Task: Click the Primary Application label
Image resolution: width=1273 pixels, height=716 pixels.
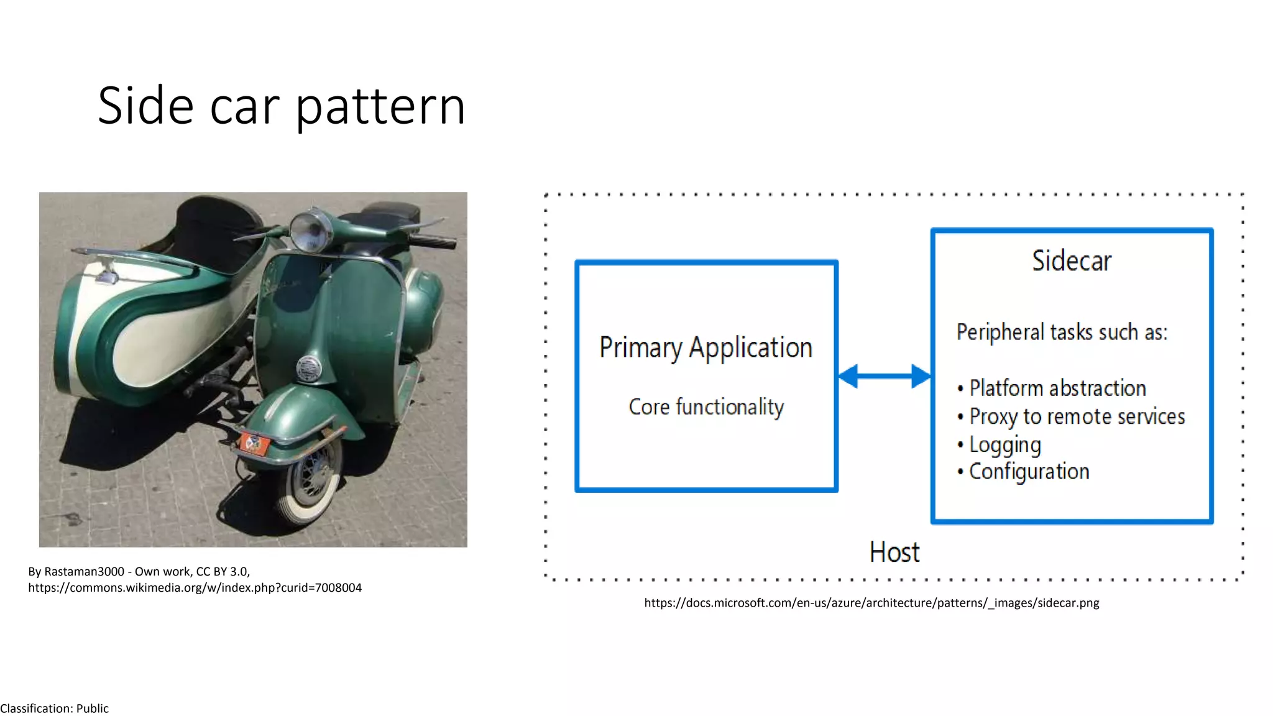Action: [705, 347]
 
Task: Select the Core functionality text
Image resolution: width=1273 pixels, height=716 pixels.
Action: [706, 407]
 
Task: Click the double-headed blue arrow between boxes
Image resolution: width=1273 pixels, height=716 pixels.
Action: [884, 376]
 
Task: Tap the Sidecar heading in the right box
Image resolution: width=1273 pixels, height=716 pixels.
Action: [1072, 260]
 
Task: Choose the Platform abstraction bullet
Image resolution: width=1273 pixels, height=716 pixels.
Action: [1057, 388]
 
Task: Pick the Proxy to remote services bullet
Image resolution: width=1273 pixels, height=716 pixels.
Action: [1077, 416]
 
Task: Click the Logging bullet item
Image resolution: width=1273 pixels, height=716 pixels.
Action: [1004, 444]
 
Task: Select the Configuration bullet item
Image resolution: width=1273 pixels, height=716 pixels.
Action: [1029, 472]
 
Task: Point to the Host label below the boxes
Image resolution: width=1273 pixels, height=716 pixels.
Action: [894, 552]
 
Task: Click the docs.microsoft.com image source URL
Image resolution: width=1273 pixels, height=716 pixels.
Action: [871, 603]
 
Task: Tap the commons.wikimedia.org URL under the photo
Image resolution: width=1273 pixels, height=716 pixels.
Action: [195, 588]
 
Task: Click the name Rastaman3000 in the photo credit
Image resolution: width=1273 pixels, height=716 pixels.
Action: [84, 572]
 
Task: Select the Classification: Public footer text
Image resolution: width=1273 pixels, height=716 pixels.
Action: [55, 709]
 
